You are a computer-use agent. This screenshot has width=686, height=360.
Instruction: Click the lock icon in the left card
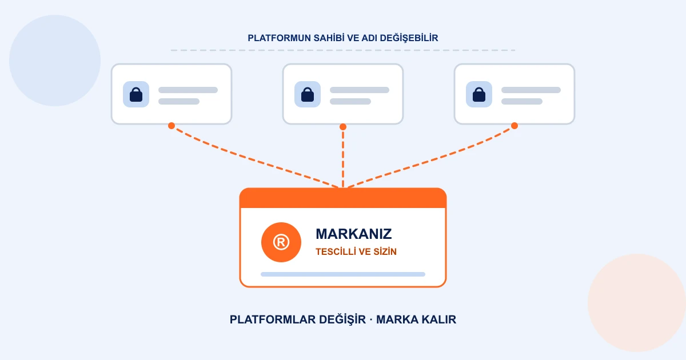(x=136, y=94)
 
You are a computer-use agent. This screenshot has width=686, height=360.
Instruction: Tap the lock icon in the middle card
(x=308, y=94)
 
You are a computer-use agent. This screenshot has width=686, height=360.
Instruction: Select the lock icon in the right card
(x=479, y=94)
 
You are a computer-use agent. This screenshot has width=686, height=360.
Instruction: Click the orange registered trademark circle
(x=281, y=242)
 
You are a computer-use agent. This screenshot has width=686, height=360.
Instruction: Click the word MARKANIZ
(x=354, y=234)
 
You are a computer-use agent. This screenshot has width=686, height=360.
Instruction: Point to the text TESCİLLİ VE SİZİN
(x=356, y=251)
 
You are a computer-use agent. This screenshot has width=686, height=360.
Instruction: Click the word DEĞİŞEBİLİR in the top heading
(x=409, y=38)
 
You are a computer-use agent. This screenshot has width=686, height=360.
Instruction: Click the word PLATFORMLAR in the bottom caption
(x=273, y=319)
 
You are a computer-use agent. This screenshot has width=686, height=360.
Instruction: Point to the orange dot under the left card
(x=171, y=126)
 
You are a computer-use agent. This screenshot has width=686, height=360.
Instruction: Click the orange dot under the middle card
(x=343, y=127)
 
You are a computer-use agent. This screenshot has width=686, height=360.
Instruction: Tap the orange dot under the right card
(x=514, y=126)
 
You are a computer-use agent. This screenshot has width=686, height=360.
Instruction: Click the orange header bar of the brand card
(x=343, y=198)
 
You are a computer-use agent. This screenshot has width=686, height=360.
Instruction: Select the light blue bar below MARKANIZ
(x=343, y=274)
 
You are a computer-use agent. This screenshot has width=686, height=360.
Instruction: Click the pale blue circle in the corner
(x=55, y=61)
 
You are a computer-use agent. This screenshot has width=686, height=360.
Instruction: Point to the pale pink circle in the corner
(x=637, y=302)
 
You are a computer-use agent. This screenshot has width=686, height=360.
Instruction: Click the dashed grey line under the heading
(x=343, y=50)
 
